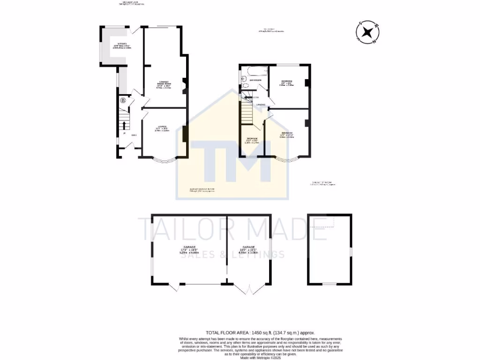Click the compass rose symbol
click(367, 32)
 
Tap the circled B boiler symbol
click(123, 100)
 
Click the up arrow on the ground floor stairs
click(124, 125)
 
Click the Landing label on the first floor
click(261, 105)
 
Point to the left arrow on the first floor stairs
click(248, 97)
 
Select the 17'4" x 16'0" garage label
click(189, 249)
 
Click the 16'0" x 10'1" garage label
click(248, 249)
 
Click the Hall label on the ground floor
click(134, 135)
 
